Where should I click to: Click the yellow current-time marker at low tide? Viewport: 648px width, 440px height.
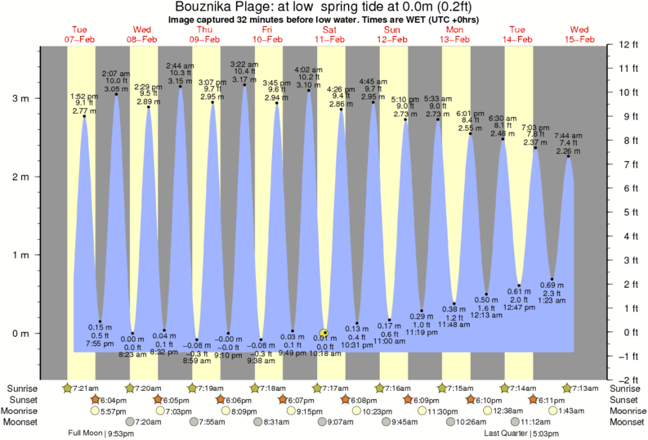(x=324, y=333)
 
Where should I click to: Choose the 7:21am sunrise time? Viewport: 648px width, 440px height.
(x=85, y=387)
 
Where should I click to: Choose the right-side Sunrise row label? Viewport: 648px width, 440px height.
(x=627, y=387)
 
